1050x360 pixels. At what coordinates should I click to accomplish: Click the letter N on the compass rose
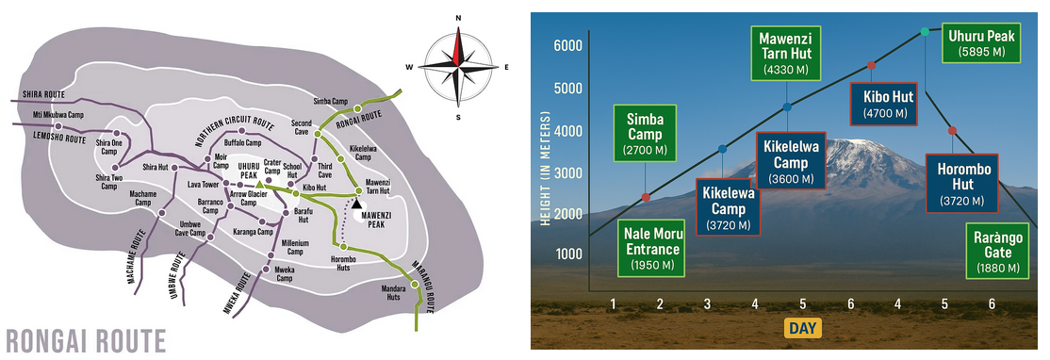click(x=459, y=18)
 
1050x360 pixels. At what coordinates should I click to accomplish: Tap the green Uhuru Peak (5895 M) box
click(x=981, y=42)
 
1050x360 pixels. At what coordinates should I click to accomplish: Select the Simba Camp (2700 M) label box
click(x=645, y=133)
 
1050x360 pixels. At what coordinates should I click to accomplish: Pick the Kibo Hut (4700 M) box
click(x=883, y=103)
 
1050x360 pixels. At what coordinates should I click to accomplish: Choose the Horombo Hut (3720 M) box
click(x=961, y=183)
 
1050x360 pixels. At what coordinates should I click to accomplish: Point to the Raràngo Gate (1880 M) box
click(x=998, y=251)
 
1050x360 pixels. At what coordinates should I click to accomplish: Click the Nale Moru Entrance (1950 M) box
click(x=651, y=248)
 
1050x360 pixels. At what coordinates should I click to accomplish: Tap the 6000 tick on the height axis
click(x=566, y=45)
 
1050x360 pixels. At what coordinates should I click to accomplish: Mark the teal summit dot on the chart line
click(x=925, y=31)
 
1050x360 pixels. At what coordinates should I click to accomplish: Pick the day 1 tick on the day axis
click(x=613, y=304)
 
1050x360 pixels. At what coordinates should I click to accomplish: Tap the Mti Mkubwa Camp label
click(x=57, y=115)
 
